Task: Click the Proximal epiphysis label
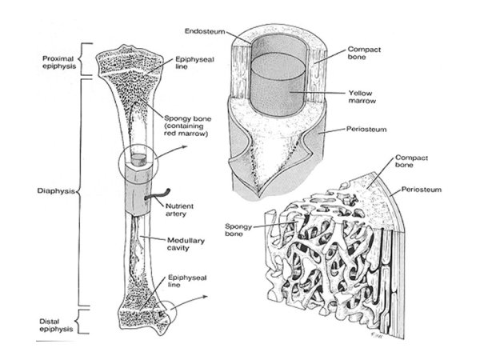(x=58, y=62)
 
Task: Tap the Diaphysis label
(x=55, y=192)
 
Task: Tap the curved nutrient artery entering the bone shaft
(x=158, y=192)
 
